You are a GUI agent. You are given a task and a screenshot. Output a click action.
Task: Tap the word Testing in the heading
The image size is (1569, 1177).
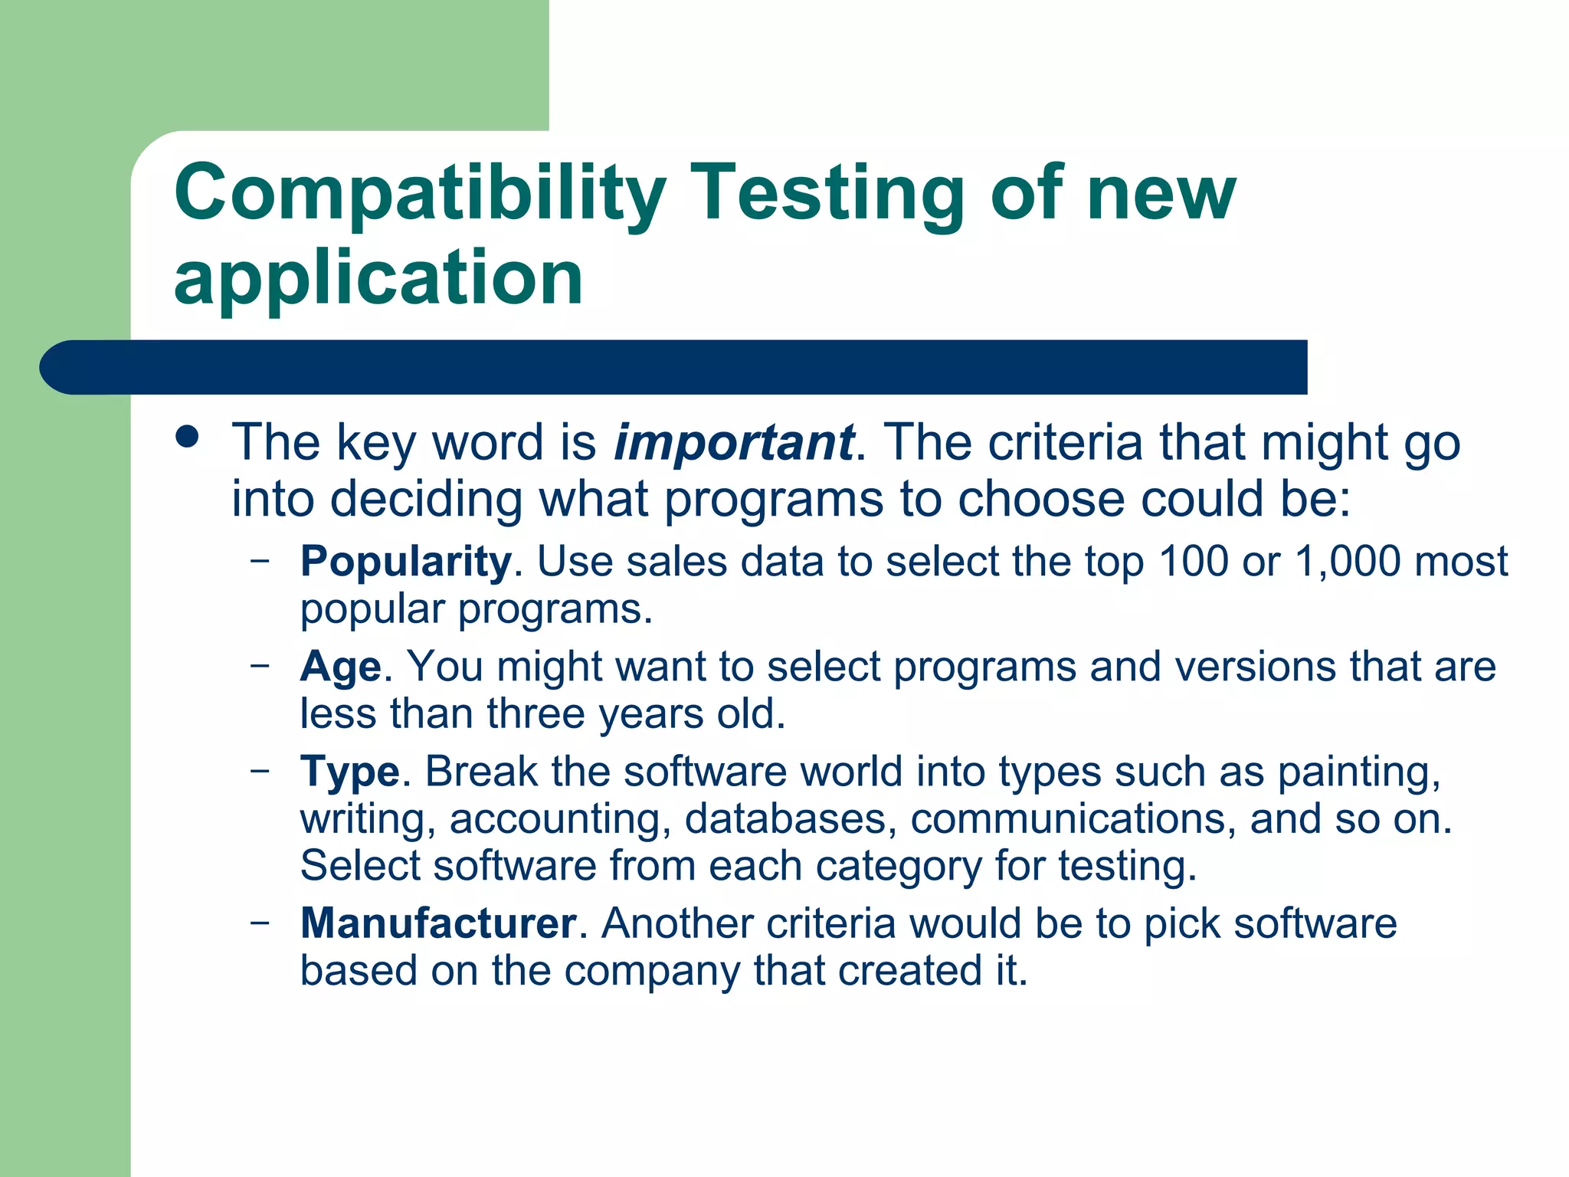point(827,193)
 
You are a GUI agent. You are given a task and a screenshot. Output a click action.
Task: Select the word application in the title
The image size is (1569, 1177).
point(378,277)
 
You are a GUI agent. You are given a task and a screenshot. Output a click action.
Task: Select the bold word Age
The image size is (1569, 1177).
point(340,666)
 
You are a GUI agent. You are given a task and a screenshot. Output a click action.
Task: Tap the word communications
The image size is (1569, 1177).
point(1073,818)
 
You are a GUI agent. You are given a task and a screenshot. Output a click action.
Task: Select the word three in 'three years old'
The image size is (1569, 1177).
point(536,713)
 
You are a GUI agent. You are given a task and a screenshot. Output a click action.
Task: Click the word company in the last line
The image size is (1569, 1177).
point(652,970)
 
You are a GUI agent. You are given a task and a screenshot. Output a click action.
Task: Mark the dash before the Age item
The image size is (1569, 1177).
point(260,664)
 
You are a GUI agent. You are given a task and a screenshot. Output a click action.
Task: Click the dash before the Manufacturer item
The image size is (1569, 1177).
point(260,921)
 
